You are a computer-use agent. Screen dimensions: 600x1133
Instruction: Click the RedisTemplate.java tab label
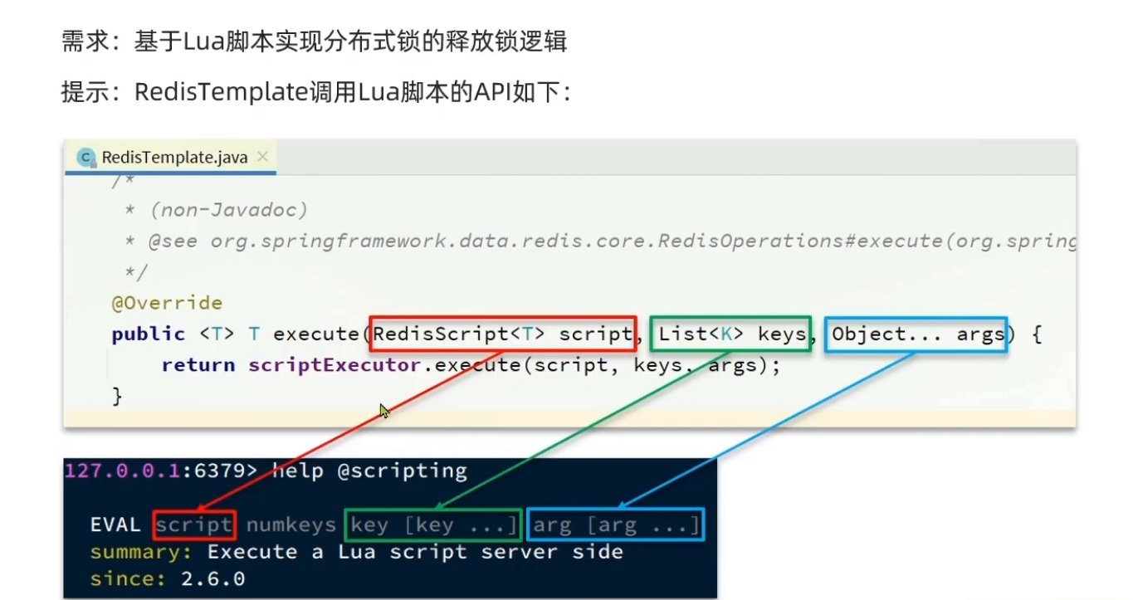(174, 157)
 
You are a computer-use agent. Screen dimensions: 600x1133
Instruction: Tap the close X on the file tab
(262, 156)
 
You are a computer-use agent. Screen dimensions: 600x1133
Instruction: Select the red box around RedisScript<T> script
(502, 334)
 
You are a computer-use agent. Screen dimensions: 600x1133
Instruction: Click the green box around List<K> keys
(730, 334)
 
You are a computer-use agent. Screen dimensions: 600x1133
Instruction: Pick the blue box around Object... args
(916, 334)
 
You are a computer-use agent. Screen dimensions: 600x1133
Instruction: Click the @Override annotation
(167, 303)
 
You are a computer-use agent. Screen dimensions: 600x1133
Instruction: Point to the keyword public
(148, 334)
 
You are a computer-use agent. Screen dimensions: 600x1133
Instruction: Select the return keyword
(198, 365)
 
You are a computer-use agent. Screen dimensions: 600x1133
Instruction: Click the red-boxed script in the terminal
(194, 524)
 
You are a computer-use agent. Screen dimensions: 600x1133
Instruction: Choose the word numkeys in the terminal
(291, 524)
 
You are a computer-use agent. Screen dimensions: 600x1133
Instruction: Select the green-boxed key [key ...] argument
(433, 524)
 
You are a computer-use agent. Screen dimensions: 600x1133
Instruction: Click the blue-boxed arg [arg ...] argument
(615, 524)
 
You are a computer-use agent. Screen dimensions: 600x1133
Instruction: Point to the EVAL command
(116, 524)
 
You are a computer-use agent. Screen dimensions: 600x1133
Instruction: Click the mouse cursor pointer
(384, 411)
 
